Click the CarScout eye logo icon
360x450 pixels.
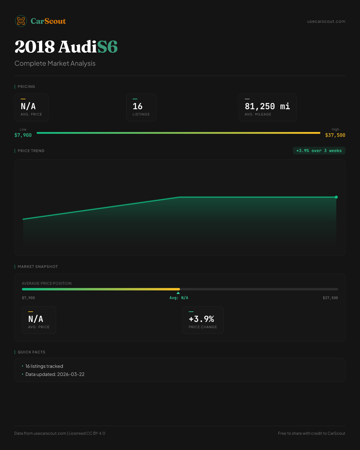pyautogui.click(x=21, y=21)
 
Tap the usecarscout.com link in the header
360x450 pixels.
pyautogui.click(x=326, y=22)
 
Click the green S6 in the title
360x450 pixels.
pyautogui.click(x=107, y=47)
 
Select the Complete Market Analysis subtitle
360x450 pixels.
pyautogui.click(x=55, y=64)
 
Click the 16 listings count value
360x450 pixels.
pyautogui.click(x=138, y=106)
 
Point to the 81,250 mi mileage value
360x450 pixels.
pyautogui.click(x=267, y=106)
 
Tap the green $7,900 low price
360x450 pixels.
pyautogui.click(x=23, y=135)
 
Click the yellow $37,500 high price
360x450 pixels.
pyautogui.click(x=335, y=135)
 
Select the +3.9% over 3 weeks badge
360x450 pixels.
pyautogui.click(x=319, y=151)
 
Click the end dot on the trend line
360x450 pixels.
pyautogui.click(x=336, y=197)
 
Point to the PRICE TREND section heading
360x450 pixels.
pyautogui.click(x=31, y=151)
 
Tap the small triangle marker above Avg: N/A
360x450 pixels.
pyautogui.click(x=178, y=293)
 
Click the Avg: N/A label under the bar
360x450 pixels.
pyautogui.click(x=179, y=298)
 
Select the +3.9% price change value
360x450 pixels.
pyautogui.click(x=201, y=319)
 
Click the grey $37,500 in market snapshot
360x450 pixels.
pyautogui.click(x=330, y=298)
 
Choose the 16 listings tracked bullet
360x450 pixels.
pyautogui.click(x=44, y=366)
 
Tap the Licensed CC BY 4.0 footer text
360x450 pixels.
pyautogui.click(x=87, y=433)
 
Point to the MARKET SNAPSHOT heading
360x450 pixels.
pyautogui.click(x=37, y=267)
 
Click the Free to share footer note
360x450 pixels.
pyautogui.click(x=311, y=433)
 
